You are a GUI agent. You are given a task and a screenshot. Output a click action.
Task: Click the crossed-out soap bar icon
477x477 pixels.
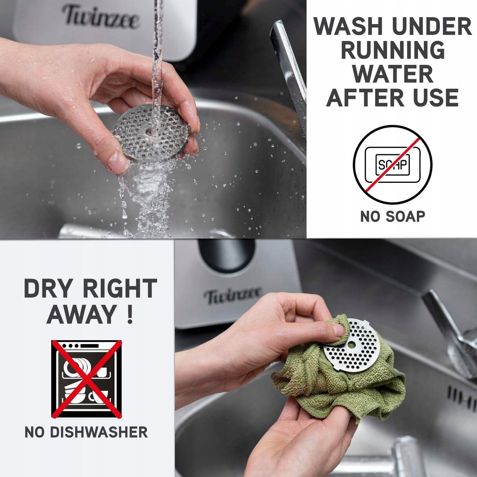pos(393,165)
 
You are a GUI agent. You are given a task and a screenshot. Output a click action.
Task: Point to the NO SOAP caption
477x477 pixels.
pos(393,217)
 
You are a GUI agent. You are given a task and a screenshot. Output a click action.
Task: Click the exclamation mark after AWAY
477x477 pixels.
pos(130,314)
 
